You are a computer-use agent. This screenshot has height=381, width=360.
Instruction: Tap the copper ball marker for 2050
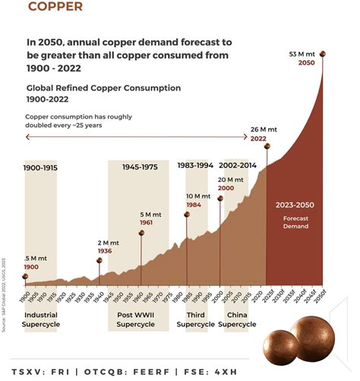pyautogui.click(x=322, y=53)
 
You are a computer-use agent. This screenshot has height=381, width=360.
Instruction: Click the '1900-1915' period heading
pyautogui.click(x=40, y=167)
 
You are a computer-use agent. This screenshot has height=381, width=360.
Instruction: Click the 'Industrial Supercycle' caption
pyautogui.click(x=41, y=319)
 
